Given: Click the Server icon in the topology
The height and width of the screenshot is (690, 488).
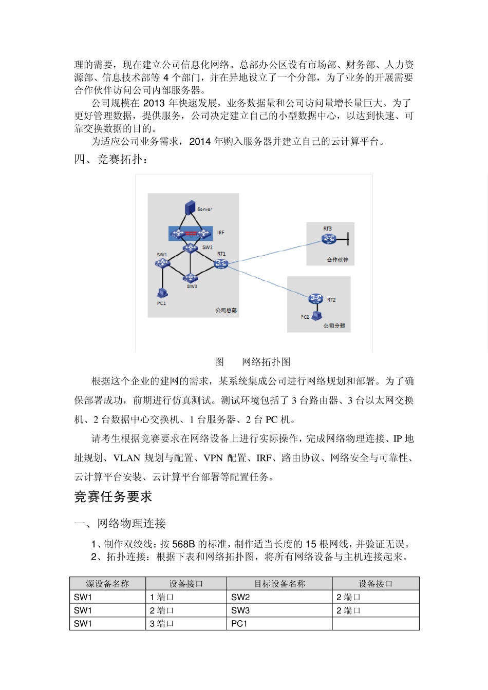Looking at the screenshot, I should (190, 207).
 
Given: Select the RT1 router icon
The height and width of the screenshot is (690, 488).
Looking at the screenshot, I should (221, 264).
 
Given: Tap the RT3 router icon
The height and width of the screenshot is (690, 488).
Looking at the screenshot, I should (328, 239).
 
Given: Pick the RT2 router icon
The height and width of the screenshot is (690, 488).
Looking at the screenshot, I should (315, 299).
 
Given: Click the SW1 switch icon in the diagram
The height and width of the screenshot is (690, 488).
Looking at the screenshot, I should (162, 263).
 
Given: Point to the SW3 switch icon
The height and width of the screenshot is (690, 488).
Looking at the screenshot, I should (190, 278).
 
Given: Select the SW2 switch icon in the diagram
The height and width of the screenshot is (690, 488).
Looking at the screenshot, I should (191, 248).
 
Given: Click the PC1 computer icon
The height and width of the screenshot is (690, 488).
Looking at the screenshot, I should (162, 293).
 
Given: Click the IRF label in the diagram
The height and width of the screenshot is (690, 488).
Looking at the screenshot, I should (220, 233).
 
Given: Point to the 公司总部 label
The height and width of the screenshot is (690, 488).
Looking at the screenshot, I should (226, 310).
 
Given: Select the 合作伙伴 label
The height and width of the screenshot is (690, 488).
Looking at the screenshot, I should (337, 260).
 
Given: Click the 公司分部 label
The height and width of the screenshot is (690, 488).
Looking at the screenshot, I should (334, 325).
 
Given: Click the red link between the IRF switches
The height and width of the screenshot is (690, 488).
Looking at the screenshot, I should (191, 234).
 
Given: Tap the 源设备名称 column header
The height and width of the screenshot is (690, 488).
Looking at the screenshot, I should (107, 584).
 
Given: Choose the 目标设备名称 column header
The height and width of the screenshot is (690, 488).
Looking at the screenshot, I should (279, 584).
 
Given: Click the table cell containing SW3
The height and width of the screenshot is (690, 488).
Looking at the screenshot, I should (279, 610).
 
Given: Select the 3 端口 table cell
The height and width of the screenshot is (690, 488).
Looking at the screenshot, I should (186, 624).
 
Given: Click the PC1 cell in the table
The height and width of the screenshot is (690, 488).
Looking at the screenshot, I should (279, 624).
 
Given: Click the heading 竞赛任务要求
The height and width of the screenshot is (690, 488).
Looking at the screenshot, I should (114, 497).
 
